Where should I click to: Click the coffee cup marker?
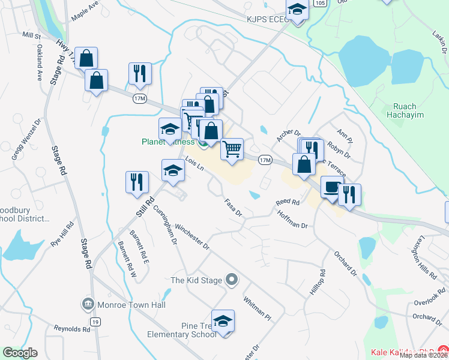coord(332,187)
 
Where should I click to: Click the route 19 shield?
coord(95,323)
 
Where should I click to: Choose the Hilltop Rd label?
coord(322,280)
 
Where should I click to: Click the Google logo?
coord(20,353)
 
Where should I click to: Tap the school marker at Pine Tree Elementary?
coord(223,322)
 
